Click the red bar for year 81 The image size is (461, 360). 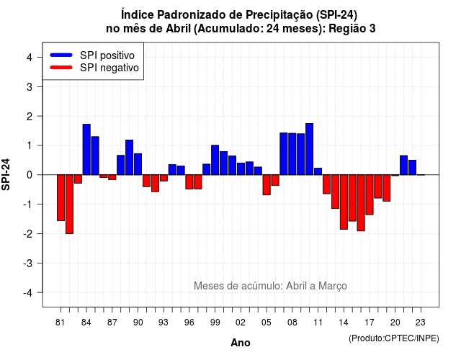(x=61, y=197)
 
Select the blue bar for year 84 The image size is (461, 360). (x=86, y=150)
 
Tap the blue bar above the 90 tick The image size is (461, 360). (x=138, y=164)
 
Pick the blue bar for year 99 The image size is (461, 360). (x=215, y=160)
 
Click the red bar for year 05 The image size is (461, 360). (x=267, y=185)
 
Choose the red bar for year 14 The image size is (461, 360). (x=344, y=202)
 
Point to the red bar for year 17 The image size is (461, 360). (x=370, y=194)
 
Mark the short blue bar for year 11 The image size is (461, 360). (x=318, y=171)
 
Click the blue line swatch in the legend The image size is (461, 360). (x=61, y=55)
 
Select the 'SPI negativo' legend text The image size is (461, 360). (x=109, y=68)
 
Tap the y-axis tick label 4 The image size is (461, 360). (x=30, y=58)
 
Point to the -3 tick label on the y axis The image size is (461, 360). (x=28, y=263)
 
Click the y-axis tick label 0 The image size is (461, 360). (x=30, y=175)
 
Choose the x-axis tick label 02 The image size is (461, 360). (x=241, y=323)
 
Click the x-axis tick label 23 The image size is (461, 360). (x=421, y=323)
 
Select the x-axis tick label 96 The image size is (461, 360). (x=189, y=323)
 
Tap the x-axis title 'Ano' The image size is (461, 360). (x=241, y=343)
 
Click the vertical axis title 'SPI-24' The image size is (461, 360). (x=6, y=174)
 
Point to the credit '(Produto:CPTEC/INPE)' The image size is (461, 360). (x=394, y=338)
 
